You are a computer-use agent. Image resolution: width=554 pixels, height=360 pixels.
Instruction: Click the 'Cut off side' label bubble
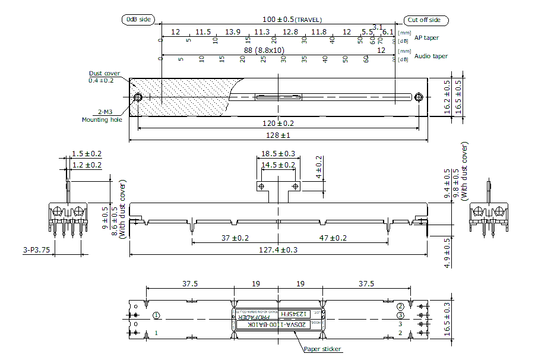pos(425,20)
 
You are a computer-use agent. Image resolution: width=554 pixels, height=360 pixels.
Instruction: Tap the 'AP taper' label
pos(427,37)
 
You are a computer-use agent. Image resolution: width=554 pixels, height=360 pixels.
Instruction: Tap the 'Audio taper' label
pos(431,56)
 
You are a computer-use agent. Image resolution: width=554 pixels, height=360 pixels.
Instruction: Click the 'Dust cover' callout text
pos(105,73)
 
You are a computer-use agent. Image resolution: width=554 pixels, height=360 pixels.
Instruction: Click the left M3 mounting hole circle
pos(138,97)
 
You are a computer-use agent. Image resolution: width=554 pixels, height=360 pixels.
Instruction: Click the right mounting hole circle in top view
pos(419,97)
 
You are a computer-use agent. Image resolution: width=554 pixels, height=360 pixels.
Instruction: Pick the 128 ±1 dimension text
pos(278,135)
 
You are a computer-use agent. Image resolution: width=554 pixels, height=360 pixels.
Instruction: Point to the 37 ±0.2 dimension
pos(235,238)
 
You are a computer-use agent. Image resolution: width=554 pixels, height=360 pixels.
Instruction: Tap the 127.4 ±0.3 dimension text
pos(278,250)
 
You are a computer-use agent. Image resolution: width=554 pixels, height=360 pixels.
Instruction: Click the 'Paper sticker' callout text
pos(322,350)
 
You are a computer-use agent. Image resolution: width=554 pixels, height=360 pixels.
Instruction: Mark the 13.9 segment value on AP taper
pos(233,31)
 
